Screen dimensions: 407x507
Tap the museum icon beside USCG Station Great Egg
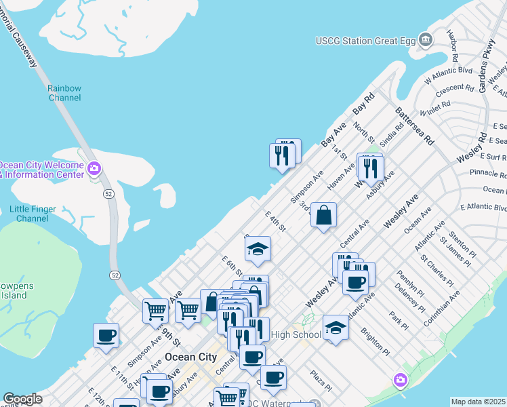coord(425,40)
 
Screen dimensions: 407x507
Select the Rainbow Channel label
coord(64,93)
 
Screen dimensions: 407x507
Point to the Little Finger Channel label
coord(33,214)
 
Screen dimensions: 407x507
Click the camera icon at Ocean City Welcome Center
coord(94,168)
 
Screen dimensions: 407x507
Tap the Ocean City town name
coord(190,357)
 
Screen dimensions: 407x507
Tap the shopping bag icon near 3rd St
coord(325,215)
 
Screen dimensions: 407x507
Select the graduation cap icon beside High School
coord(336,328)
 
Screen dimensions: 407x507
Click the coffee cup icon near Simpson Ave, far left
coord(106,336)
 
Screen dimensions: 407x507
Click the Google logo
coord(22,400)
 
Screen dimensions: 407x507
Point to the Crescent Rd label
coord(455,89)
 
